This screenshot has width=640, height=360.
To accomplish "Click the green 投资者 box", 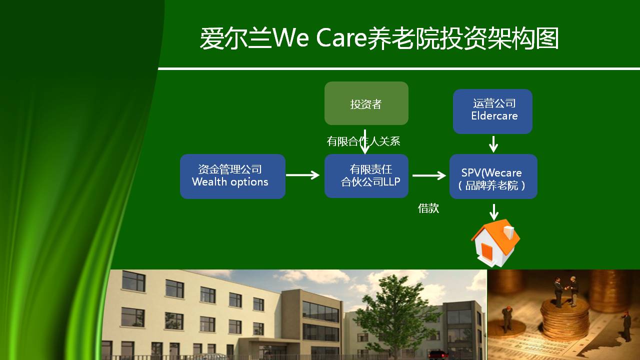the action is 366,103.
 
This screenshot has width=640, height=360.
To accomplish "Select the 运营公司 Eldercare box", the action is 492,111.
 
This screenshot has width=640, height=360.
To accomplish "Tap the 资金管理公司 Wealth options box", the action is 232,176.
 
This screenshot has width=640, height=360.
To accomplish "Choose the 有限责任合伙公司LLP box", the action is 366,176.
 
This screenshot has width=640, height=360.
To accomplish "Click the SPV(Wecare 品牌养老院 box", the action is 493,176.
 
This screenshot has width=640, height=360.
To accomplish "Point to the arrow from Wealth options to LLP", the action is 303,175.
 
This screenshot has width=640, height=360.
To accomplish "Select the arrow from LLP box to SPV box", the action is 429,175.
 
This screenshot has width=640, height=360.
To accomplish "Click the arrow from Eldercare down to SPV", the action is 493,144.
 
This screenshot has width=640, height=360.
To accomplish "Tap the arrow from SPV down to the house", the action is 494,212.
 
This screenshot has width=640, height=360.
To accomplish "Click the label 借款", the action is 428,208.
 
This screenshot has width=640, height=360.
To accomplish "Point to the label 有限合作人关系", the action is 363,141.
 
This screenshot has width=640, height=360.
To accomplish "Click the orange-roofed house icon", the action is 495,243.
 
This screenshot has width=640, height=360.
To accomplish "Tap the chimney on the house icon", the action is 508,231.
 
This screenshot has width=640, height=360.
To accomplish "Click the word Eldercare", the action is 494,115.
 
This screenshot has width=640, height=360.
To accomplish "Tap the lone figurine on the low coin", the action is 506,319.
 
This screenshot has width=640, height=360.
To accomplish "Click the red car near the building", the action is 437,354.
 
